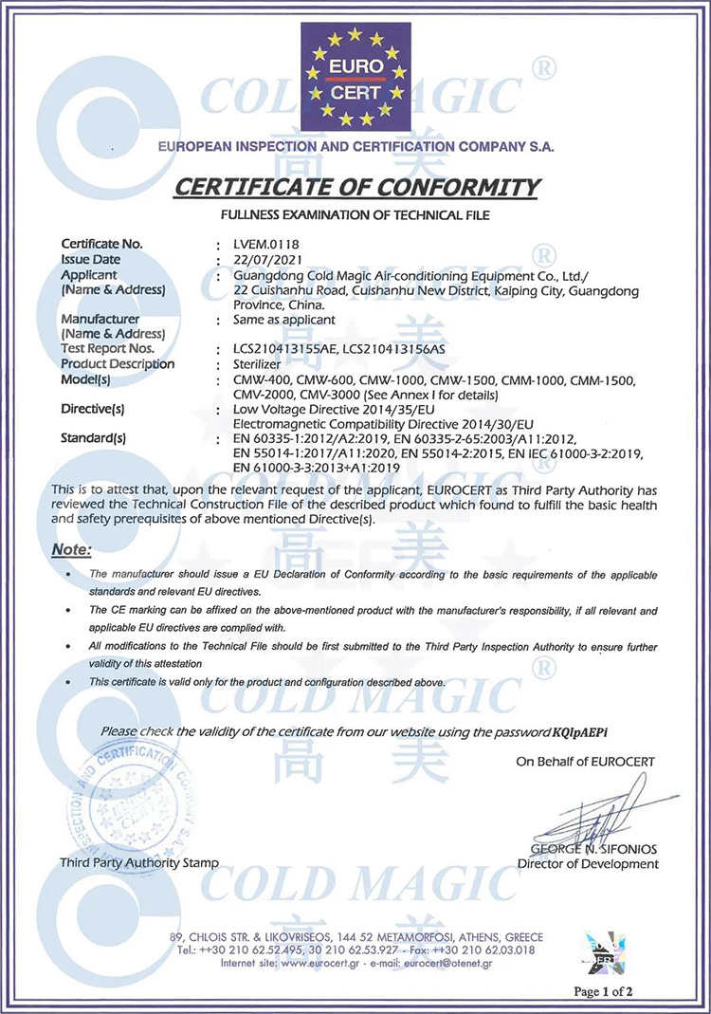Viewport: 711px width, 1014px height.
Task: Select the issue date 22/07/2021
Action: (x=251, y=259)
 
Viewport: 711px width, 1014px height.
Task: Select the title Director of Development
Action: (x=588, y=863)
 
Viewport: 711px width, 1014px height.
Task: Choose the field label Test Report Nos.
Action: (x=106, y=349)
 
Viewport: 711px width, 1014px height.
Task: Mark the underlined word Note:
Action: (x=72, y=549)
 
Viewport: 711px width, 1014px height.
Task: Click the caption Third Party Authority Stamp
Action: (x=138, y=863)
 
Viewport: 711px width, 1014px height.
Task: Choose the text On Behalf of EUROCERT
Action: (x=585, y=762)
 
